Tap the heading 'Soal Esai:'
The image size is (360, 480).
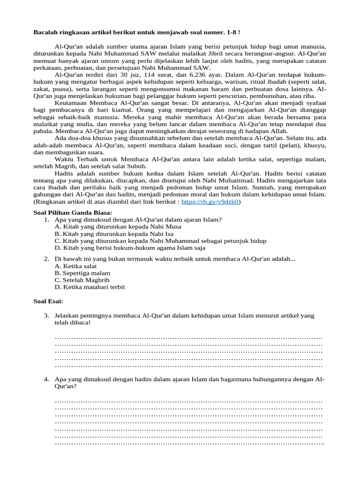(x=48, y=301)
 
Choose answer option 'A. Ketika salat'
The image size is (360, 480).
(x=75, y=266)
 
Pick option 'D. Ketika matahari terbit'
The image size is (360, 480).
(x=90, y=287)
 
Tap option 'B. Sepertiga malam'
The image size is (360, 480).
(x=82, y=273)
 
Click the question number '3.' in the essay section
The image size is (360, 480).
(x=47, y=316)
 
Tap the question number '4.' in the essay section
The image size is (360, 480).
(x=47, y=379)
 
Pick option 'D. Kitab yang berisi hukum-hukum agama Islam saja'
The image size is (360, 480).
(x=130, y=247)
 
